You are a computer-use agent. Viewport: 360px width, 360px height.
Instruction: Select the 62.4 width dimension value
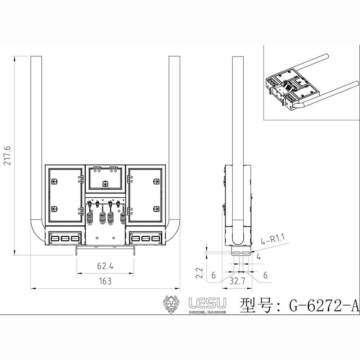tap(105, 266)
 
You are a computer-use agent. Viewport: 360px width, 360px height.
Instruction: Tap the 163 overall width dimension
tap(105, 281)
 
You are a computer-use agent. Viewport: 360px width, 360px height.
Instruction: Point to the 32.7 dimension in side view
tap(237, 282)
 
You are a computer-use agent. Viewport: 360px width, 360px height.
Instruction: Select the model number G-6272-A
tap(324, 305)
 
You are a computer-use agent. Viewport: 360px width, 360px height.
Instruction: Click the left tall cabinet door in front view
tap(64, 195)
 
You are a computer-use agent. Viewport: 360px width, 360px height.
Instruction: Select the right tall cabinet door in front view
tap(146, 195)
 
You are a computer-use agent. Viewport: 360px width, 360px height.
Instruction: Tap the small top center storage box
tap(105, 178)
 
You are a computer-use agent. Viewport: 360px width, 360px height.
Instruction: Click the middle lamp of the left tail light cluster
tap(65, 239)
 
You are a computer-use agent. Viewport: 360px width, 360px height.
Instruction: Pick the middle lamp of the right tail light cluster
tap(146, 239)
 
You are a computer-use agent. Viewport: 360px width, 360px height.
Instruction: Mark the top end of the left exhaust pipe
tap(36, 58)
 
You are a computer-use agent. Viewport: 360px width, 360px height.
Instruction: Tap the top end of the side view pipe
tap(238, 58)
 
